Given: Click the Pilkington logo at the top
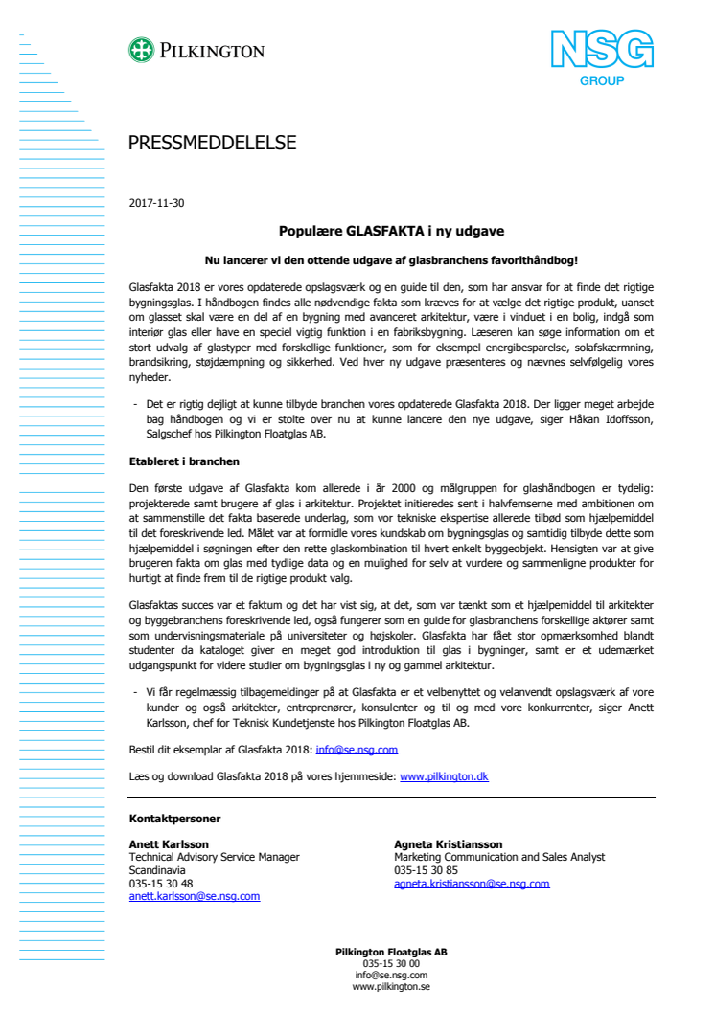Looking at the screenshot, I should (196, 51).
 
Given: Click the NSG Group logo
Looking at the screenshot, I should (601, 56).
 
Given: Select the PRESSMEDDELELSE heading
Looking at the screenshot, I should (213, 144).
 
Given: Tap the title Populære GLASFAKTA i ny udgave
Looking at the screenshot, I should (391, 231).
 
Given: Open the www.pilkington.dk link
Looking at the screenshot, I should (444, 776).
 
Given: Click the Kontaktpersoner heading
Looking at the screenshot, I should (175, 819).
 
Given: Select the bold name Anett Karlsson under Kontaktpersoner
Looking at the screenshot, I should (169, 843).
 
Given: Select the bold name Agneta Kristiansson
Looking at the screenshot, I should (447, 843).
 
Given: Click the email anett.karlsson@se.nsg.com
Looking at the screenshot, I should (195, 897).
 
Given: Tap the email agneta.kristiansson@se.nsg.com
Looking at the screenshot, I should (472, 884).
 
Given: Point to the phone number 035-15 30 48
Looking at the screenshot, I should (161, 884).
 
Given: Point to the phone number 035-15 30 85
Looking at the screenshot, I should (426, 870).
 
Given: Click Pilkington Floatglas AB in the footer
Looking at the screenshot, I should (391, 952).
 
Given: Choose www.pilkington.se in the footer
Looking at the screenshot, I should (391, 986).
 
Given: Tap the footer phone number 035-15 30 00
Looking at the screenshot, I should (391, 963).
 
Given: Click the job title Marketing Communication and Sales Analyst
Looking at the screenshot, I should (499, 857).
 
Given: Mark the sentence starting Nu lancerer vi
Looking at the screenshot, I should (391, 259).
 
